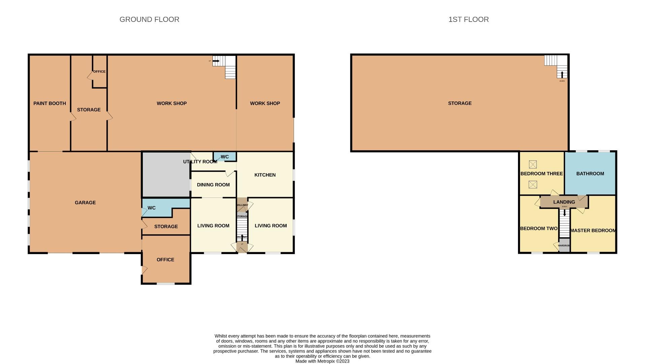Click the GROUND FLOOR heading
[x=149, y=20]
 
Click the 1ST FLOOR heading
[x=468, y=20]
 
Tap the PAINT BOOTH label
[x=50, y=103]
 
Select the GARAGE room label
[x=85, y=203]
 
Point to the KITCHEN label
[x=265, y=175]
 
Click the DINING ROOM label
[x=213, y=185]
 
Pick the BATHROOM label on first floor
[x=590, y=174]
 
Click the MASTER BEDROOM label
[x=593, y=231]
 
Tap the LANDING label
[x=564, y=202]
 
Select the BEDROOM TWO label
[x=539, y=229]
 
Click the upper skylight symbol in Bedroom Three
[x=533, y=164]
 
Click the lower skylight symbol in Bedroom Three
[x=533, y=184]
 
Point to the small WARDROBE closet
[x=564, y=246]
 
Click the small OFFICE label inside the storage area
[x=99, y=71]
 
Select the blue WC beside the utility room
[x=225, y=157]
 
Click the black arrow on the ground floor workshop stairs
[x=216, y=61]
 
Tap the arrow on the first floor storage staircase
[x=562, y=74]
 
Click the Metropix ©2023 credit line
[x=322, y=361]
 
